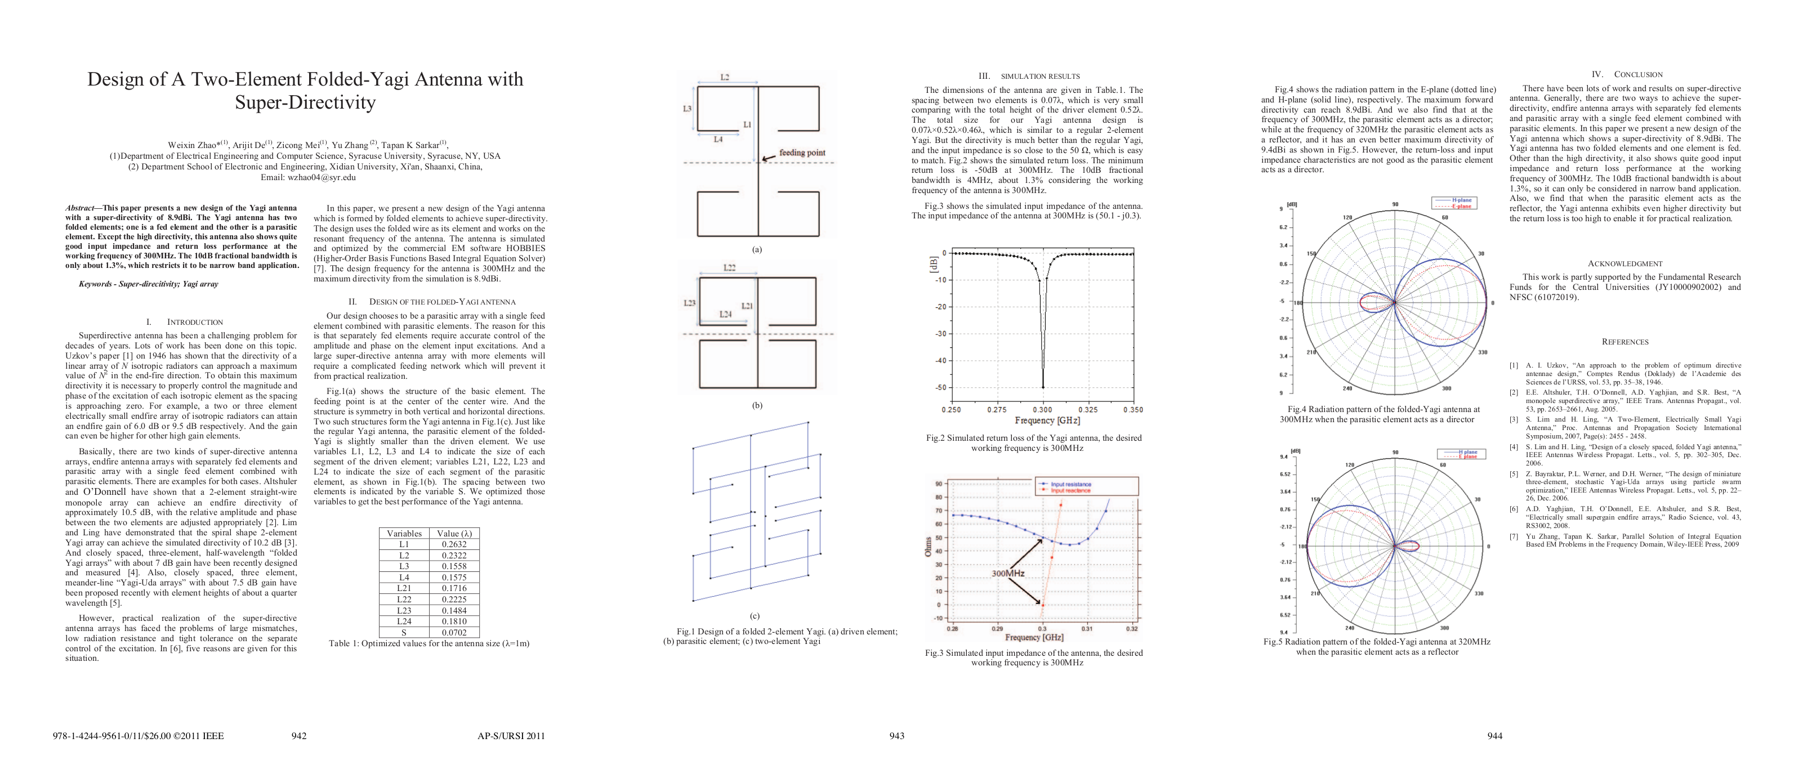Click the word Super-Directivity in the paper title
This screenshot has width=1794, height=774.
[x=305, y=102]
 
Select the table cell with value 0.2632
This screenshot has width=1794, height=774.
[x=454, y=544]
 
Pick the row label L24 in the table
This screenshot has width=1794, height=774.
[x=404, y=621]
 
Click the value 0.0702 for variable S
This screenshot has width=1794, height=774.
[x=454, y=633]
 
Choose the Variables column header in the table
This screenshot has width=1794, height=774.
[x=404, y=533]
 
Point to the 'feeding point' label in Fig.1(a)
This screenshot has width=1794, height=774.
[x=802, y=153]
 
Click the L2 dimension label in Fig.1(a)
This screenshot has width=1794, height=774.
[x=725, y=77]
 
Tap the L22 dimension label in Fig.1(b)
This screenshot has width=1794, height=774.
[x=729, y=267]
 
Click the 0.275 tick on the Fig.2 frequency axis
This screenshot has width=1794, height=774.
[x=997, y=410]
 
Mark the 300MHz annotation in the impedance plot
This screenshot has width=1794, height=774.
[x=1008, y=573]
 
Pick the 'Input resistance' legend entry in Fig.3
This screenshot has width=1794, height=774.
[x=1070, y=484]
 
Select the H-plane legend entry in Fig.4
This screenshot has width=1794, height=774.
[x=1461, y=200]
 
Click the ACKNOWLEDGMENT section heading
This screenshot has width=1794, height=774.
[x=1625, y=264]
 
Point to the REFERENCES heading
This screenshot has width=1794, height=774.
[x=1625, y=342]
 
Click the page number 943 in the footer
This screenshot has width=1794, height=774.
[x=897, y=736]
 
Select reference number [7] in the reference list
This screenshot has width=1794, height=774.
[x=1514, y=536]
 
